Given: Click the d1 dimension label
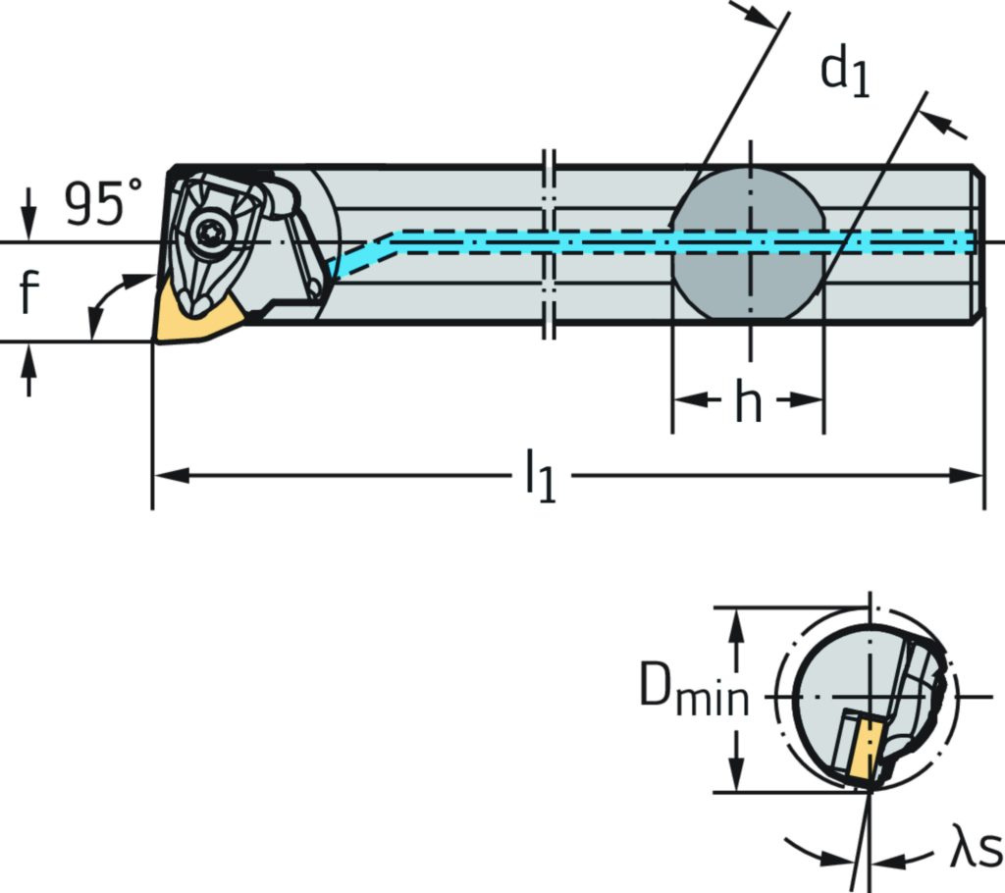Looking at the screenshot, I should pos(847,71).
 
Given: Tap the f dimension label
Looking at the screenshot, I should pos(28,292).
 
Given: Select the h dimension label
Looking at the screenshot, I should pos(748,400).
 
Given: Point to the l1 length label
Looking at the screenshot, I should pos(540,475).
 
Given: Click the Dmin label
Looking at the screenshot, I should pos(695,693).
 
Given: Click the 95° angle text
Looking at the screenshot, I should pos(102,203).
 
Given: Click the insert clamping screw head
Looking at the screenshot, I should pos(209,232).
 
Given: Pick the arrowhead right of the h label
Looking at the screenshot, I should pos(809,400).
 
